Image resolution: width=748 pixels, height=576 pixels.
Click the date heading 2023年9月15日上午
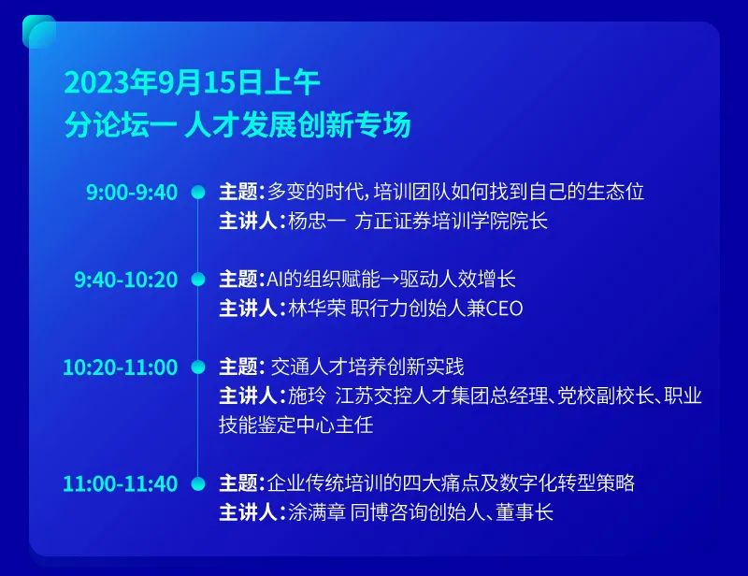tap(192, 82)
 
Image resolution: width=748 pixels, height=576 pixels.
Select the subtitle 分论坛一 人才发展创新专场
tap(237, 124)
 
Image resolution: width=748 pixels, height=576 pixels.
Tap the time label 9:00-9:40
tap(132, 192)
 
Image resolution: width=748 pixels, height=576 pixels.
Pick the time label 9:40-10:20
tap(126, 280)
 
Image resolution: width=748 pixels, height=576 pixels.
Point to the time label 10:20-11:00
tap(121, 367)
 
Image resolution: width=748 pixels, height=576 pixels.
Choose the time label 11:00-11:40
tap(121, 483)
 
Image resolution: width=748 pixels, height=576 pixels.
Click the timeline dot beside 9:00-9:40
tap(198, 193)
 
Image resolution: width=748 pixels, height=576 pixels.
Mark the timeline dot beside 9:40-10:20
tap(198, 280)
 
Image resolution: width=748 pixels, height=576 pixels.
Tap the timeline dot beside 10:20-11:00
tap(198, 367)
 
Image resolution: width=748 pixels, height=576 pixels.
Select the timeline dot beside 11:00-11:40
tap(198, 483)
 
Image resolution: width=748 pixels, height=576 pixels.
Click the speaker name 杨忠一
tap(317, 221)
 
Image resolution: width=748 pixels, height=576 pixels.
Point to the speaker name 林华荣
tap(317, 309)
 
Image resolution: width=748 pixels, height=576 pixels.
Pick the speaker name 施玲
tap(308, 396)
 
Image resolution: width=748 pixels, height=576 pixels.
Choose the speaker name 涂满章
tap(317, 512)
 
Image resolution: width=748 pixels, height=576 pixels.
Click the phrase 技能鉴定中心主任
tap(295, 425)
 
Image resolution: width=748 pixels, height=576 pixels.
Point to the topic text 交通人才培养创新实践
tap(367, 367)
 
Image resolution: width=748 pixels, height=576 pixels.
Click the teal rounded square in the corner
tap(39, 32)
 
